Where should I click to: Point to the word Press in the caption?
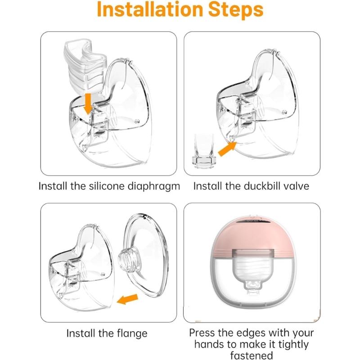point(204,333)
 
